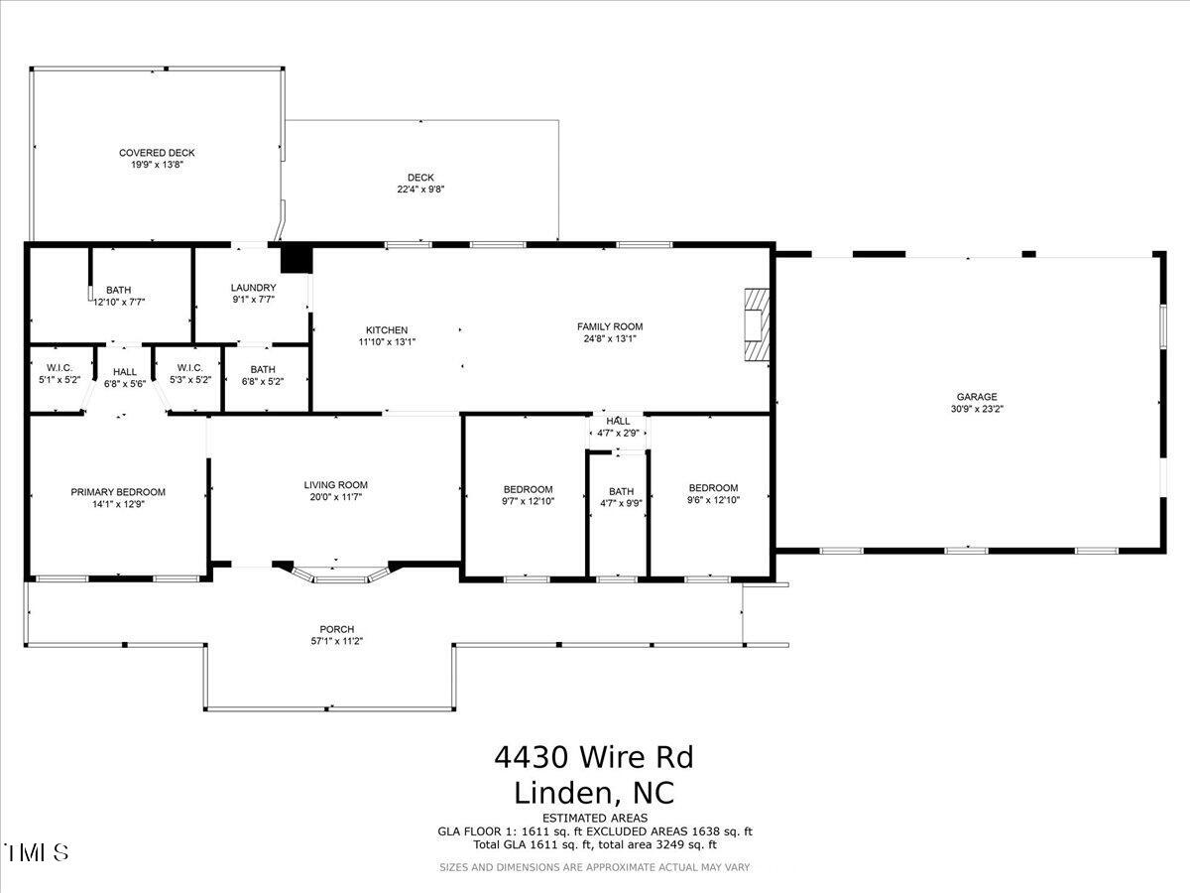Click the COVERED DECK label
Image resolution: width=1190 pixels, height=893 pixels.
tap(157, 153)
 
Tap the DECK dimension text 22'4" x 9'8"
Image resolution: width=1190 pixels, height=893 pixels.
tap(420, 190)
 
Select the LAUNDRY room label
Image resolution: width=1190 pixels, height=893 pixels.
tap(253, 288)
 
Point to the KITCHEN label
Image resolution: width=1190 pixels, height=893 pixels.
tap(387, 330)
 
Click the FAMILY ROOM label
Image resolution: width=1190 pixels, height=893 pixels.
tap(610, 326)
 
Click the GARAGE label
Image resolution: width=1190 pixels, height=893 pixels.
tap(977, 397)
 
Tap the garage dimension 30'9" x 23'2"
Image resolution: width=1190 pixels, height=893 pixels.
tap(977, 409)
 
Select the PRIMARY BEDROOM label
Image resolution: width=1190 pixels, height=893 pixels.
tap(118, 492)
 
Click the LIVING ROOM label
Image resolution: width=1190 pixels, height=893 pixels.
tap(335, 485)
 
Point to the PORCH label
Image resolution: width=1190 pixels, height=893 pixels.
tap(336, 629)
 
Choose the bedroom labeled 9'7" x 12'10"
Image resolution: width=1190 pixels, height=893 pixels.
tap(528, 495)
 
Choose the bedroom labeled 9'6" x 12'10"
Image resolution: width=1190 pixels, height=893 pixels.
tap(713, 493)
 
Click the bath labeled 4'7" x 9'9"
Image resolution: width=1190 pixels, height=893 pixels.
tap(621, 496)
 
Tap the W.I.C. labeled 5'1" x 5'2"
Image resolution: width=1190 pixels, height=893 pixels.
tap(59, 373)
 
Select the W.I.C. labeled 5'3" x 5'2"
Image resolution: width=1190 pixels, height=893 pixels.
tap(190, 373)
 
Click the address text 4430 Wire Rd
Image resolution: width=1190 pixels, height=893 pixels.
tap(593, 758)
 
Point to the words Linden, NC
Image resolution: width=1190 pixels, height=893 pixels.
tap(594, 793)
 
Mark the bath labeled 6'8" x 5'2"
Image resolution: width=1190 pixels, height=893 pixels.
tap(263, 374)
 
